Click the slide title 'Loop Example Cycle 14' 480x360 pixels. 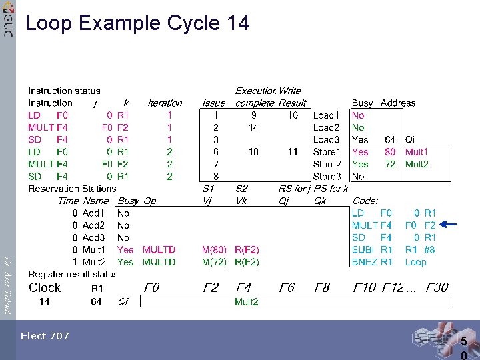coord(137,23)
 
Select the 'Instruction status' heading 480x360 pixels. coord(64,91)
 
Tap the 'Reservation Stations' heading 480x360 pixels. coord(72,189)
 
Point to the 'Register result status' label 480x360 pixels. coord(73,274)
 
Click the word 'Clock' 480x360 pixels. coord(45,287)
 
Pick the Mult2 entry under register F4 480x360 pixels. coord(247,302)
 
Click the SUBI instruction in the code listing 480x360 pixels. coord(363,250)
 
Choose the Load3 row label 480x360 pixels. coord(327,140)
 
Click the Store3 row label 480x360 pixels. coord(327,177)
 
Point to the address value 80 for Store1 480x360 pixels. coord(390,152)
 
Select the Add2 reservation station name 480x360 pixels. coord(93,225)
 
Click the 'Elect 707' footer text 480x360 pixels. coord(45,336)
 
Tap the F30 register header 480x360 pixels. coord(437,287)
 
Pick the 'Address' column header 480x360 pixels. coord(398,103)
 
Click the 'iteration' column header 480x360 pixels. coord(165,103)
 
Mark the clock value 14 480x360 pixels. coord(44,302)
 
